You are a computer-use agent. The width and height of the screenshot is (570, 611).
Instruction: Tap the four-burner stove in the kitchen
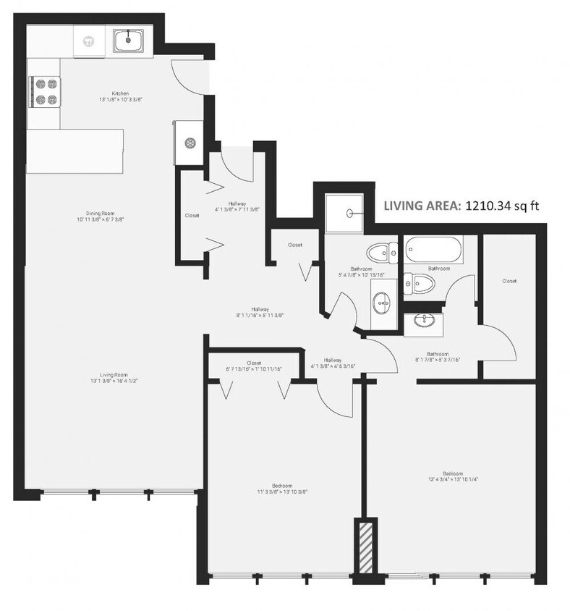45,92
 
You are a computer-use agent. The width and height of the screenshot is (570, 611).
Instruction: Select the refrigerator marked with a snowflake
190,143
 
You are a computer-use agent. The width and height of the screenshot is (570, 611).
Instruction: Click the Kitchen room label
120,94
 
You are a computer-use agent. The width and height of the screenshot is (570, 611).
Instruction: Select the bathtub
433,251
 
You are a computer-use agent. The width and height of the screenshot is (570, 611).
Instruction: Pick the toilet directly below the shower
381,253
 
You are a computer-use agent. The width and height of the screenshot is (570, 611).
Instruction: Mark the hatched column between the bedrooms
365,547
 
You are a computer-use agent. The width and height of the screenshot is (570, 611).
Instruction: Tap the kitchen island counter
75,151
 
